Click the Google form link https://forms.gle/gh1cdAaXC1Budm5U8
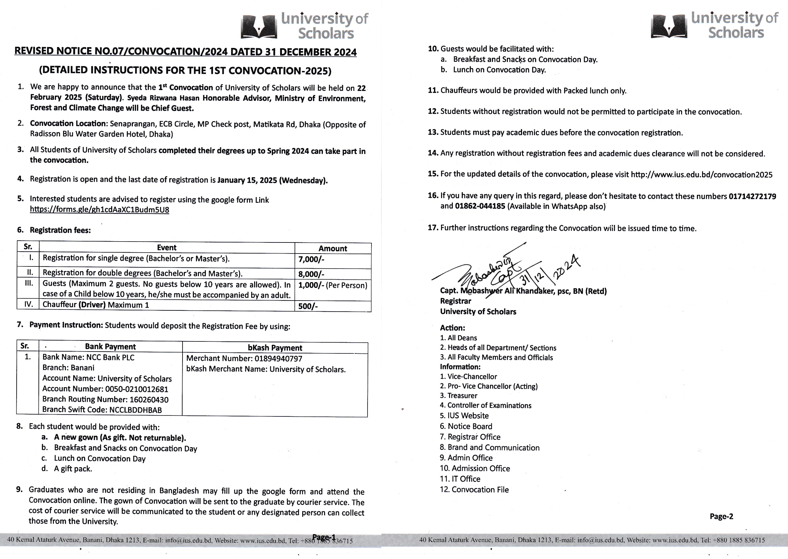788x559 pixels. pos(99,210)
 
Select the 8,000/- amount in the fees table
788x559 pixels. pos(311,274)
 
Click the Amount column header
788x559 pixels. pos(333,249)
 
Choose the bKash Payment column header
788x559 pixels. pos(275,348)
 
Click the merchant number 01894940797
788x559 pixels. pos(278,359)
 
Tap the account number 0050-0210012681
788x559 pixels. pos(136,389)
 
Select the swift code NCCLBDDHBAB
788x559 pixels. pos(135,410)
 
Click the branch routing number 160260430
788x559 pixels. pos(149,400)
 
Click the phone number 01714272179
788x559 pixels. pos(752,197)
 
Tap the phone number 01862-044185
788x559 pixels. pos(480,206)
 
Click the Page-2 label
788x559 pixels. pos(721,516)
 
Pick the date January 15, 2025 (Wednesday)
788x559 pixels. pos(272,180)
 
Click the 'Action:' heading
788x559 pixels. pos(452,328)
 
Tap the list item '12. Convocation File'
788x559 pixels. pos(474,490)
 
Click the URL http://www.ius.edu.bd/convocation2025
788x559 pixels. pos(702,175)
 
